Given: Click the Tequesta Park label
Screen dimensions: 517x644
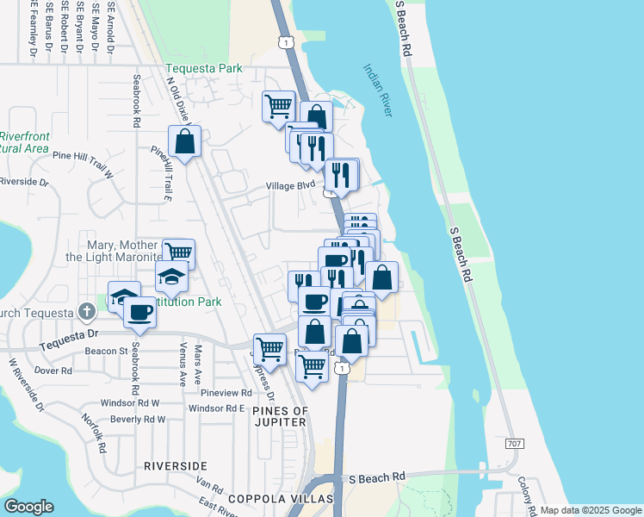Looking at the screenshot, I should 204,70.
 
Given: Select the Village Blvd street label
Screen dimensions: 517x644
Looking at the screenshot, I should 291,185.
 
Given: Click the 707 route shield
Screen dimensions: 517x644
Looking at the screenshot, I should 515,442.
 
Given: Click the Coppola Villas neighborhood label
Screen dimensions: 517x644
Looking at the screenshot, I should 281,499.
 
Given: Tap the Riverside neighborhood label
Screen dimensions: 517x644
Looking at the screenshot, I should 176,466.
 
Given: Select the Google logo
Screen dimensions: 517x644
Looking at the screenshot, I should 28,506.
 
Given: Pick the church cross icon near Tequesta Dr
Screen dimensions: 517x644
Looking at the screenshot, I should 86,310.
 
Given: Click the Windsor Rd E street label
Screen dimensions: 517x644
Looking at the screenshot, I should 217,408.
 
